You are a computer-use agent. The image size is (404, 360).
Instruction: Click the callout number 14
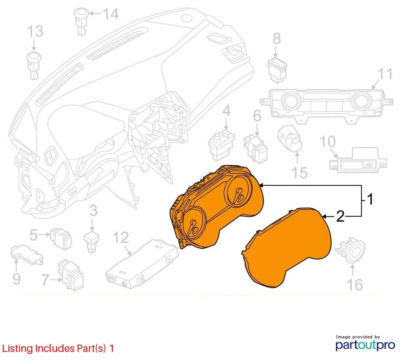tap(111, 14)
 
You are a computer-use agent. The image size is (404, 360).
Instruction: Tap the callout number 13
tap(35, 31)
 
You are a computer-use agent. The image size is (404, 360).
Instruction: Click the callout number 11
tap(385, 74)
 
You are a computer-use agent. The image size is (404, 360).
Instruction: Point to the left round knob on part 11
tap(290, 101)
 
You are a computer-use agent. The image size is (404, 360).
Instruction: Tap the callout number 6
tap(257, 116)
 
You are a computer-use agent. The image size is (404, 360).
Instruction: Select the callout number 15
tap(300, 173)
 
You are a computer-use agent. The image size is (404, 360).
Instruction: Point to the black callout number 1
tap(370, 199)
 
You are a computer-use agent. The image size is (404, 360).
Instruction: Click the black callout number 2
tap(340, 217)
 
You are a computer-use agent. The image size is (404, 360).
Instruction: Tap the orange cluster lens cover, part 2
tap(286, 248)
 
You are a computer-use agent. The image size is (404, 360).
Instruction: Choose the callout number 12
tap(121, 237)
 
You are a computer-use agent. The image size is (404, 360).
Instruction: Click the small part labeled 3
tap(91, 241)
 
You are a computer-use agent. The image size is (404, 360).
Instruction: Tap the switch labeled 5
tap(61, 238)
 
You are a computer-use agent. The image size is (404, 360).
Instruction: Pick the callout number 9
tap(17, 279)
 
